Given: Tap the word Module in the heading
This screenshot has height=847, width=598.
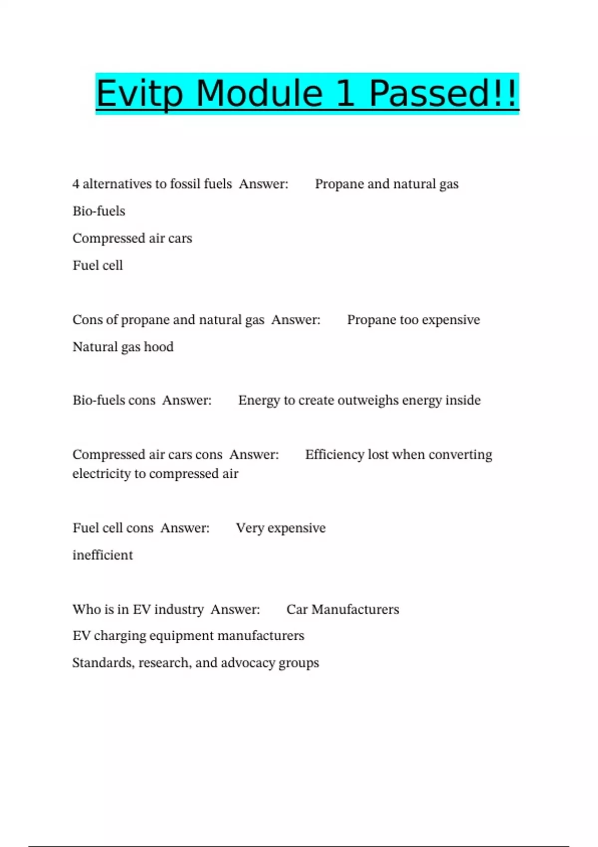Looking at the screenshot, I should (x=259, y=94).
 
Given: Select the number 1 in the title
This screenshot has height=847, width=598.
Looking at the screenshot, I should (x=345, y=94).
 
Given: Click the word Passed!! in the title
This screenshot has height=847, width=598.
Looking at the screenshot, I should (x=444, y=94).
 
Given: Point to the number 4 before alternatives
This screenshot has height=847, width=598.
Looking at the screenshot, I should (x=76, y=184).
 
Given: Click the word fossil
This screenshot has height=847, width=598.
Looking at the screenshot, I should (x=185, y=184).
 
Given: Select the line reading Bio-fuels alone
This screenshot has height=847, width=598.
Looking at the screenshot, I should (x=99, y=211).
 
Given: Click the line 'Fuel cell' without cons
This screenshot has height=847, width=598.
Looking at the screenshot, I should (x=98, y=266).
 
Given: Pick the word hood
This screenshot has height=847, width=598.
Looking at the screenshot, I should (x=158, y=347).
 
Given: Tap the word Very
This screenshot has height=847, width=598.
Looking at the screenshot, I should (x=249, y=528).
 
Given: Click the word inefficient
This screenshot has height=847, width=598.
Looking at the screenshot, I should (x=103, y=555).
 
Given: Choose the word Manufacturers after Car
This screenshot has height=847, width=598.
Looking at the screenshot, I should (x=355, y=609).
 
